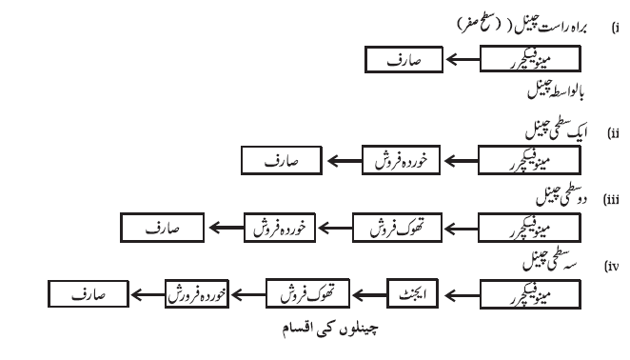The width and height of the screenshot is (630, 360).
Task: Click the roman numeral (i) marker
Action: coord(615,28)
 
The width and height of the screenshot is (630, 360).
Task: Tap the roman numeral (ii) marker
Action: coord(613,133)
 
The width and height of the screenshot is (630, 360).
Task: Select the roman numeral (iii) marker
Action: coord(611,199)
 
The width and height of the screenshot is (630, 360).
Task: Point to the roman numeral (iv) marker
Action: coord(612,266)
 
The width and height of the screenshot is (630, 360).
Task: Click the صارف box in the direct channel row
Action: coord(404,60)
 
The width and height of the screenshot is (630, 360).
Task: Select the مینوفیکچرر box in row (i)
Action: coord(530,59)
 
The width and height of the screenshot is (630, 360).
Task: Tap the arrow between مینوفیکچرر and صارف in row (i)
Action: coord(463,60)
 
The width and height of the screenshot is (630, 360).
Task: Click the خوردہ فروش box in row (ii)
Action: coord(401,160)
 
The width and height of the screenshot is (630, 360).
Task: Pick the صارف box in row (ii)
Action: coord(282,161)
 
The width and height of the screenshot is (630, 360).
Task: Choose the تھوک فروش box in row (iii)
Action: coord(398,228)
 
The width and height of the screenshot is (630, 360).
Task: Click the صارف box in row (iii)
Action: coord(163,228)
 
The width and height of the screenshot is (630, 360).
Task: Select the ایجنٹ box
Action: coord(413,293)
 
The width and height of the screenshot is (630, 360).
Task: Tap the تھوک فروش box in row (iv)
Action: coord(307,293)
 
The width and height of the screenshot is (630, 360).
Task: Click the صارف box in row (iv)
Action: coord(89,294)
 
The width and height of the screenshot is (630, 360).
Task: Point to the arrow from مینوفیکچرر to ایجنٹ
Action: coord(463,295)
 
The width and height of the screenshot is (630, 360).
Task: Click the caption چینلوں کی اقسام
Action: coord(330,329)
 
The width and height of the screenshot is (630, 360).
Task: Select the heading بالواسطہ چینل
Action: coord(556,90)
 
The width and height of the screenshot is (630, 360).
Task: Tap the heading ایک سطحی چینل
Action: coord(557,130)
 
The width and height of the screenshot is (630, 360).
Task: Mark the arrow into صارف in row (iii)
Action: coord(226,228)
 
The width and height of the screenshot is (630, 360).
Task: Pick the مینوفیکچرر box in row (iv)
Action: coord(530,295)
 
